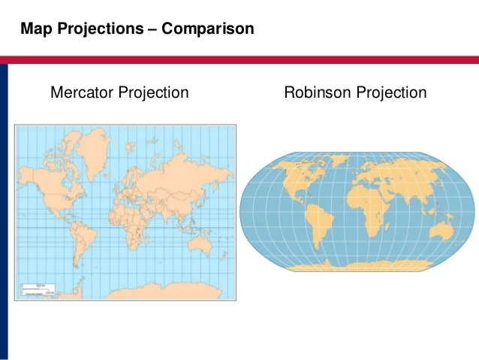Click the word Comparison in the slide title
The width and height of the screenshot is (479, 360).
coord(207,29)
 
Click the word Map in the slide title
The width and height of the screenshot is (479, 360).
coord(35,29)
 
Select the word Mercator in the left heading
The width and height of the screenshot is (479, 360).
coord(82,93)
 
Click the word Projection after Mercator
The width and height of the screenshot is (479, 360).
coord(153,93)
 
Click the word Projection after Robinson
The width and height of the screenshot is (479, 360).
coord(391,93)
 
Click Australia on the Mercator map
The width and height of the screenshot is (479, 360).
coord(201,242)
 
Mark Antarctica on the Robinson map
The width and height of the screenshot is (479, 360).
coord(360,265)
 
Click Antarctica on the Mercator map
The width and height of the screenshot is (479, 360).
coord(150,289)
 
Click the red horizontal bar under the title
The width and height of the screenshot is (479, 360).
coord(239,59)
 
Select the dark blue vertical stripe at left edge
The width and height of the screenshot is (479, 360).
coord(4,210)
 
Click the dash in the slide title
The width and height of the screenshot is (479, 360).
coord(151,29)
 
